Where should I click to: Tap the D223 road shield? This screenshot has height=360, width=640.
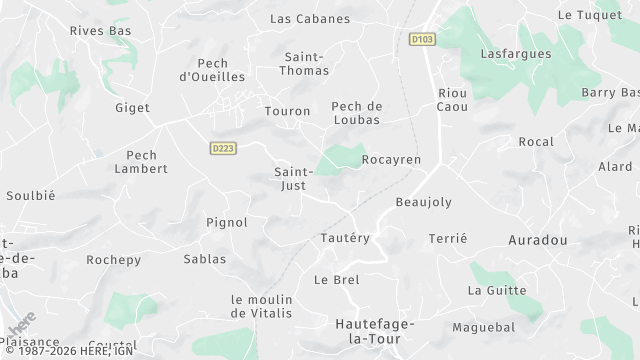click(224, 148)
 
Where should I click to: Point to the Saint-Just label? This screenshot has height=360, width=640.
click(296, 178)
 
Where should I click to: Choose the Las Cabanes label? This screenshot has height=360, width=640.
click(310, 19)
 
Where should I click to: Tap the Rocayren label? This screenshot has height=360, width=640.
click(391, 159)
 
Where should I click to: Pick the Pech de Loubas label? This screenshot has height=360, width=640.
click(356, 113)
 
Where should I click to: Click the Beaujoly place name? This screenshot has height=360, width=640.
click(424, 202)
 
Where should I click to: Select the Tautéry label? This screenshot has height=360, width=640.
click(345, 238)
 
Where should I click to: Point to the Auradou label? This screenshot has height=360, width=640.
click(538, 241)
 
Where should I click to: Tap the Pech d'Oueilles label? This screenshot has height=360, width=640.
click(212, 69)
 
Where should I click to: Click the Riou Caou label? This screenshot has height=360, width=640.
click(453, 99)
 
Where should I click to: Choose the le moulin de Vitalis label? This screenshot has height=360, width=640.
click(261, 306)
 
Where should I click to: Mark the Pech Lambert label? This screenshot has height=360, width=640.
click(148, 162)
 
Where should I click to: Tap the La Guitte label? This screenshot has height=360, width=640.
click(497, 290)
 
